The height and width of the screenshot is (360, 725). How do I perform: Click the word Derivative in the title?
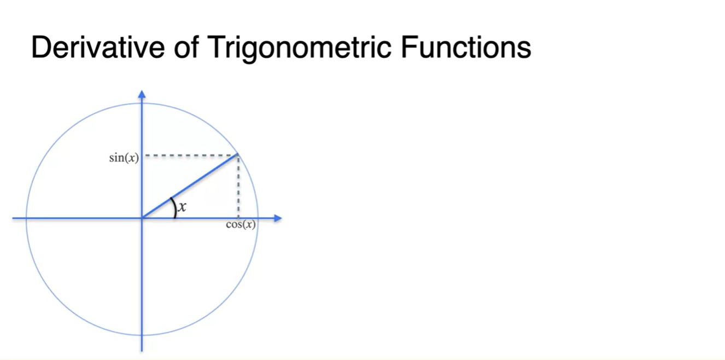[x=98, y=47]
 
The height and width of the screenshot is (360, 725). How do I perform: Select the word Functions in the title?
[x=466, y=47]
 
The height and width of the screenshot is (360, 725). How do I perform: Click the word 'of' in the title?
[x=186, y=47]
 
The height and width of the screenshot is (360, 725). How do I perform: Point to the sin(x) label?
[x=124, y=158]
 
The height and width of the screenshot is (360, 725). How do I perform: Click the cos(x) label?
[x=241, y=224]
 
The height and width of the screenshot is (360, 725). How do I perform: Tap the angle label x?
[x=183, y=207]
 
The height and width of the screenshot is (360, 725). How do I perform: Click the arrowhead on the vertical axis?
[x=142, y=94]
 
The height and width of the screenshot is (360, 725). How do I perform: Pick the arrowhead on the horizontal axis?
[x=278, y=218]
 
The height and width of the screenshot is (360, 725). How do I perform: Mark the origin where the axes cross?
[x=142, y=218]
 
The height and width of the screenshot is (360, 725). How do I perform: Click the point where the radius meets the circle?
[x=238, y=154]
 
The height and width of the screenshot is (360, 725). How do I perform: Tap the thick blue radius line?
[x=190, y=186]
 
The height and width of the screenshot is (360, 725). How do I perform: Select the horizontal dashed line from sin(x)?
[x=191, y=156]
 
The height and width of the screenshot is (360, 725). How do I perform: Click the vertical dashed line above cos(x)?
[x=238, y=187]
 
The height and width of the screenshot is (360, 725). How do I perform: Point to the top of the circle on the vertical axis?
[x=142, y=103]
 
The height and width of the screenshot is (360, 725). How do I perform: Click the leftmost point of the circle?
[x=26, y=218]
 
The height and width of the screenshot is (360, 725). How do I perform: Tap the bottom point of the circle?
[x=142, y=335]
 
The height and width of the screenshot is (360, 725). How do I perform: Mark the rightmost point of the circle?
[x=258, y=218]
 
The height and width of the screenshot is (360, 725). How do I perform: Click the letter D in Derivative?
[x=41, y=47]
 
